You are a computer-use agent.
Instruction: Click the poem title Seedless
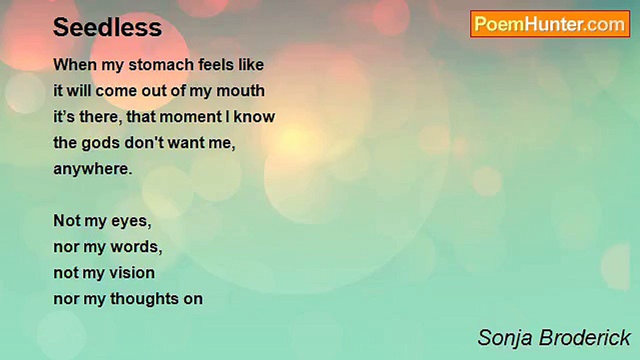[x=107, y=27]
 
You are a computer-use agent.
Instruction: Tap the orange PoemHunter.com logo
[x=550, y=24]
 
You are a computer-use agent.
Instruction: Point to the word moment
[x=190, y=117]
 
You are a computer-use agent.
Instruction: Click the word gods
[x=100, y=143]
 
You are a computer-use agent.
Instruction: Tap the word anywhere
[x=93, y=169]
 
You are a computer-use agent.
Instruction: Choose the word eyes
[x=131, y=221]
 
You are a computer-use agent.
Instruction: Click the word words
[x=136, y=247]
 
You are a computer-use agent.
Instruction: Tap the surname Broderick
[x=584, y=337]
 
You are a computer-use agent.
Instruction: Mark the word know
[x=254, y=117]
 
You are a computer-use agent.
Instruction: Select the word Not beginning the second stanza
[x=66, y=221]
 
